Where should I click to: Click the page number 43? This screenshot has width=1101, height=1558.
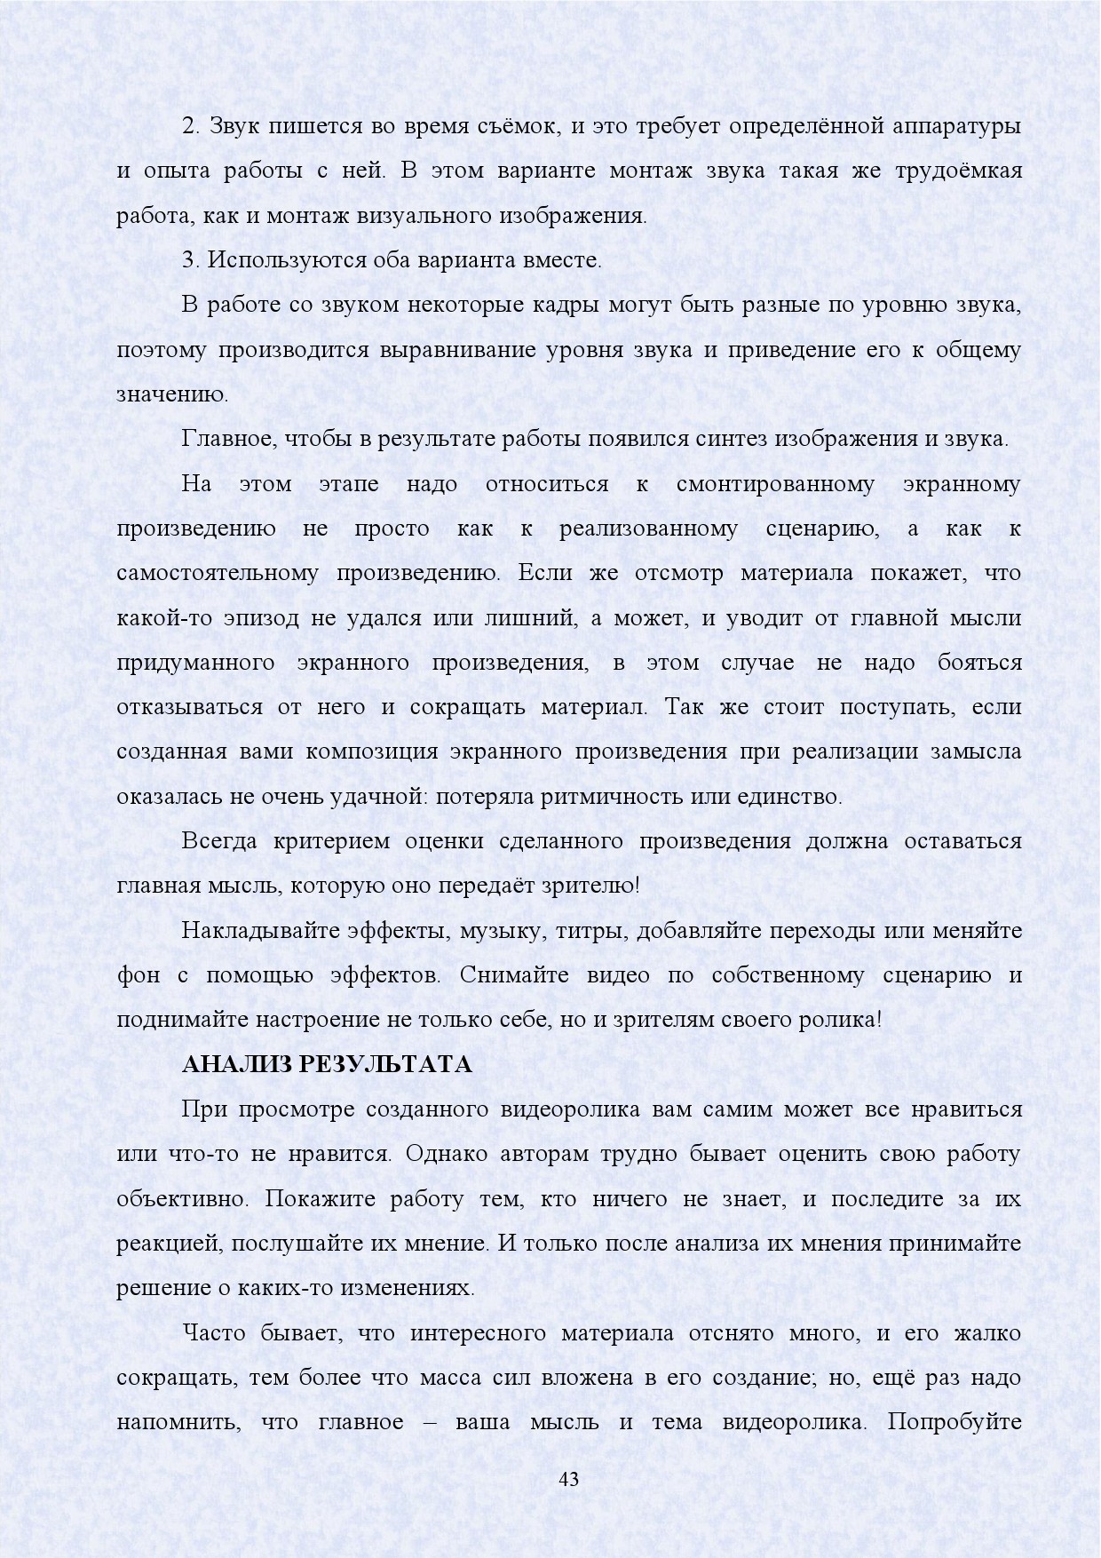(x=569, y=1479)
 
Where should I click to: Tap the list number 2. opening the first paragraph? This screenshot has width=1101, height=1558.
(x=190, y=126)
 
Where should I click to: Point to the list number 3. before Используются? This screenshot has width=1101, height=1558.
(x=190, y=260)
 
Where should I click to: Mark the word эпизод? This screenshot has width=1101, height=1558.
(x=264, y=617)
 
